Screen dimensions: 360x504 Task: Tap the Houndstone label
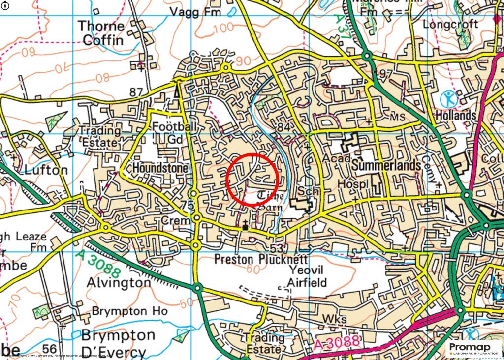160,168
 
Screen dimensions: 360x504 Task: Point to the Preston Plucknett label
261,259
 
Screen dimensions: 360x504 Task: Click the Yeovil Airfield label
308,276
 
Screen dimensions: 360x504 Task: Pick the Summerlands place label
387,165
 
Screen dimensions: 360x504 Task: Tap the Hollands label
456,116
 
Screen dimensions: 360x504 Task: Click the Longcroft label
450,24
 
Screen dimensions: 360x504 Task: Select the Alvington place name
119,282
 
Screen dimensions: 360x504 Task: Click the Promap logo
474,348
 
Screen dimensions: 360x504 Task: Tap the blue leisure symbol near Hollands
448,99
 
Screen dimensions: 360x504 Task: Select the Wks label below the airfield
331,319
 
